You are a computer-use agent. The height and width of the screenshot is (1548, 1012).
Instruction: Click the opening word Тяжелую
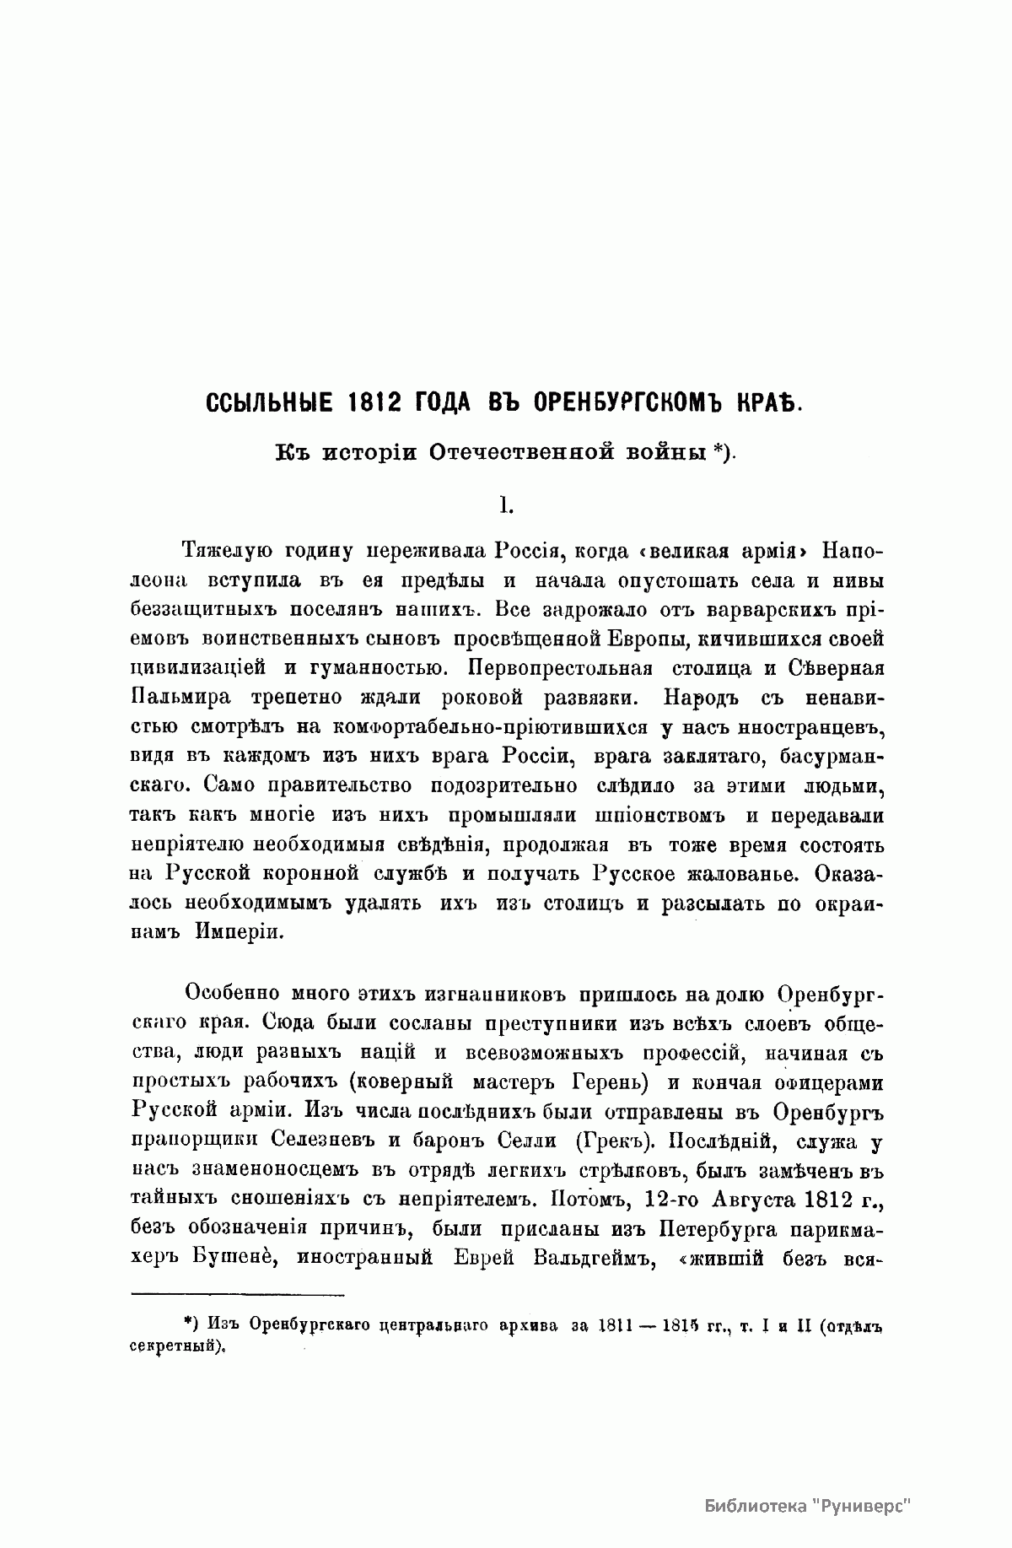[225, 551]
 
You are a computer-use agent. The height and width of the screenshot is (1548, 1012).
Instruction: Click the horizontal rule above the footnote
[238, 1294]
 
